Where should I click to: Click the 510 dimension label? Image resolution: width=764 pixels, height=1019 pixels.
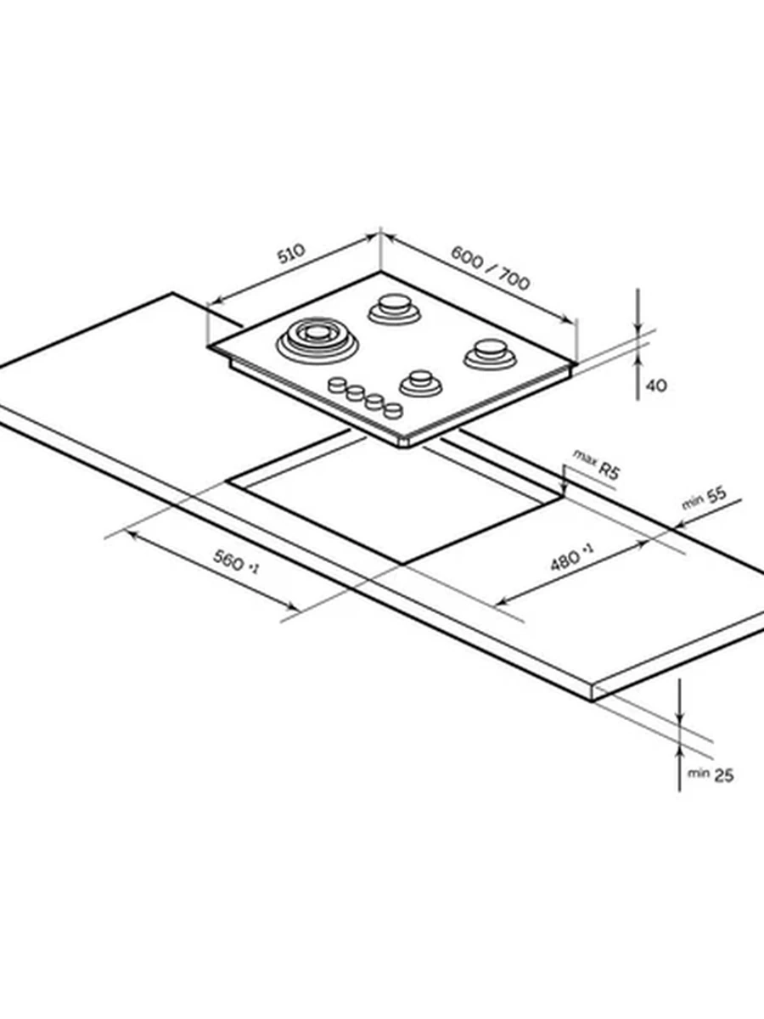click(292, 253)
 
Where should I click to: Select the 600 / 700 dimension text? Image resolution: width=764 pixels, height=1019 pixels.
click(491, 268)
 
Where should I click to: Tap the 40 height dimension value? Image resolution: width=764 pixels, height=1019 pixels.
click(656, 386)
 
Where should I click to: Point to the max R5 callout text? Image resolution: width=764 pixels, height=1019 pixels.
click(597, 464)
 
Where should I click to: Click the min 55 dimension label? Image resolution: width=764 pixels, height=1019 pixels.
click(705, 498)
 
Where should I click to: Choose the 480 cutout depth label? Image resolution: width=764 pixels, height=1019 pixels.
click(572, 557)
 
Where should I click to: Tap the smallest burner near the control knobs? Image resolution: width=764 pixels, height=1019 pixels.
click(421, 382)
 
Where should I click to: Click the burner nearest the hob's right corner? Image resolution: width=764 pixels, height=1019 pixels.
click(491, 354)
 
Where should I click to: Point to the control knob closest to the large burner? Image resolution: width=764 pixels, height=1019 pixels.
click(337, 385)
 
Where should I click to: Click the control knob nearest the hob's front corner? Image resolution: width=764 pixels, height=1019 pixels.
click(393, 410)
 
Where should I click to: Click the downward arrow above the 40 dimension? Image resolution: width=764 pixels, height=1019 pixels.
click(638, 311)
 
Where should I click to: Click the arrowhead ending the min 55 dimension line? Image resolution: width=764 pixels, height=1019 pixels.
click(680, 525)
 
